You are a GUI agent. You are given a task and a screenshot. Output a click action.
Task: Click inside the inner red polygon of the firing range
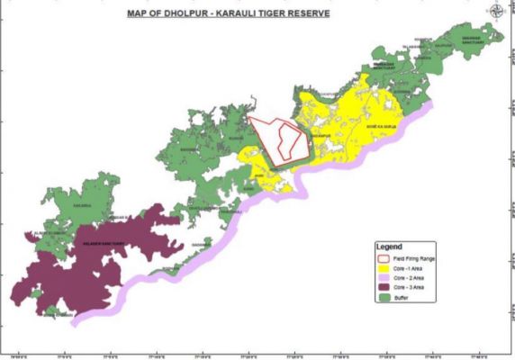click(x=287, y=139)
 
